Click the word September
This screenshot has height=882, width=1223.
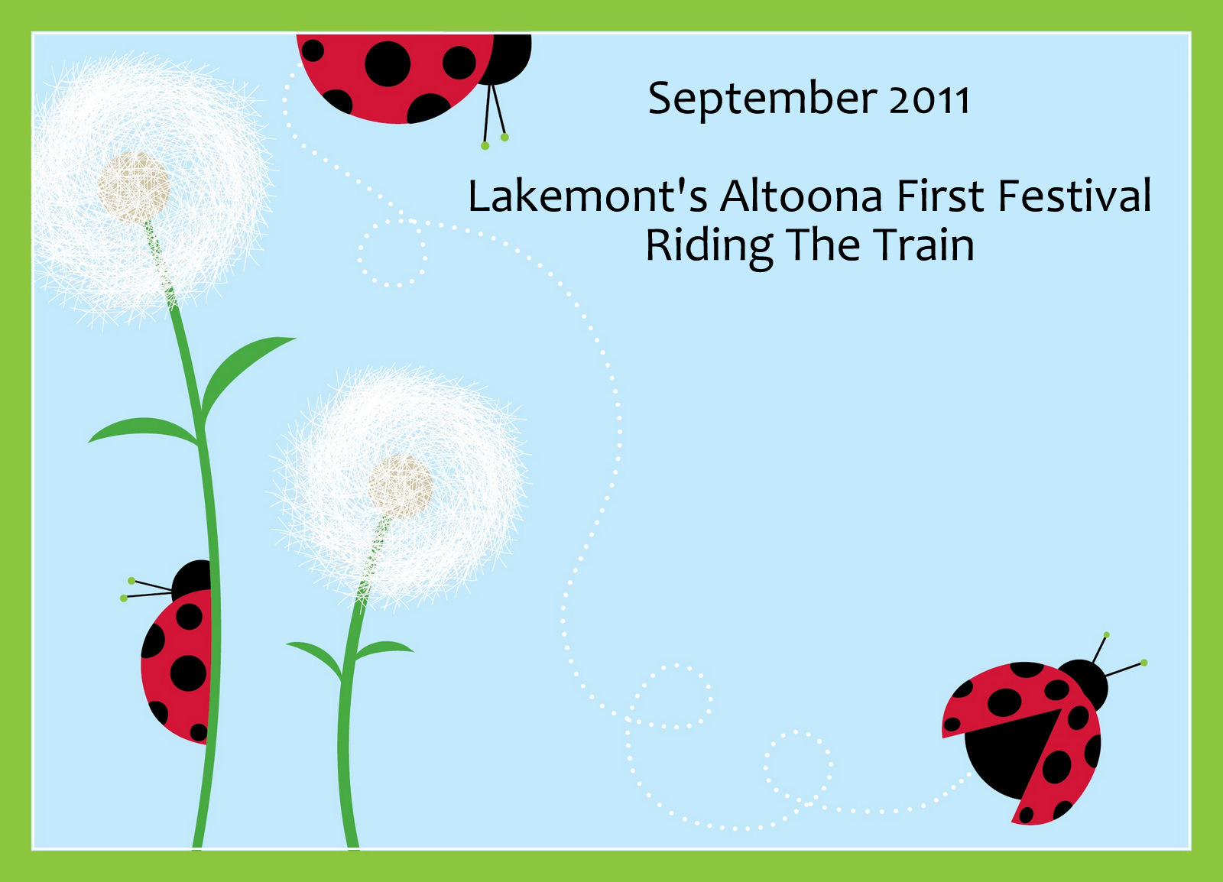tap(762, 100)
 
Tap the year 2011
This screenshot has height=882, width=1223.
tap(929, 100)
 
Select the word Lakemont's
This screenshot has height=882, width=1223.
tap(588, 196)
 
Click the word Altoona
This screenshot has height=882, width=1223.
tap(801, 196)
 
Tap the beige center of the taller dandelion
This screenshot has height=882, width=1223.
tap(134, 186)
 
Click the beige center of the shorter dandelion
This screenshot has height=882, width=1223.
tap(400, 487)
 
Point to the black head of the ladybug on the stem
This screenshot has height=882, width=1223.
tap(192, 579)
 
